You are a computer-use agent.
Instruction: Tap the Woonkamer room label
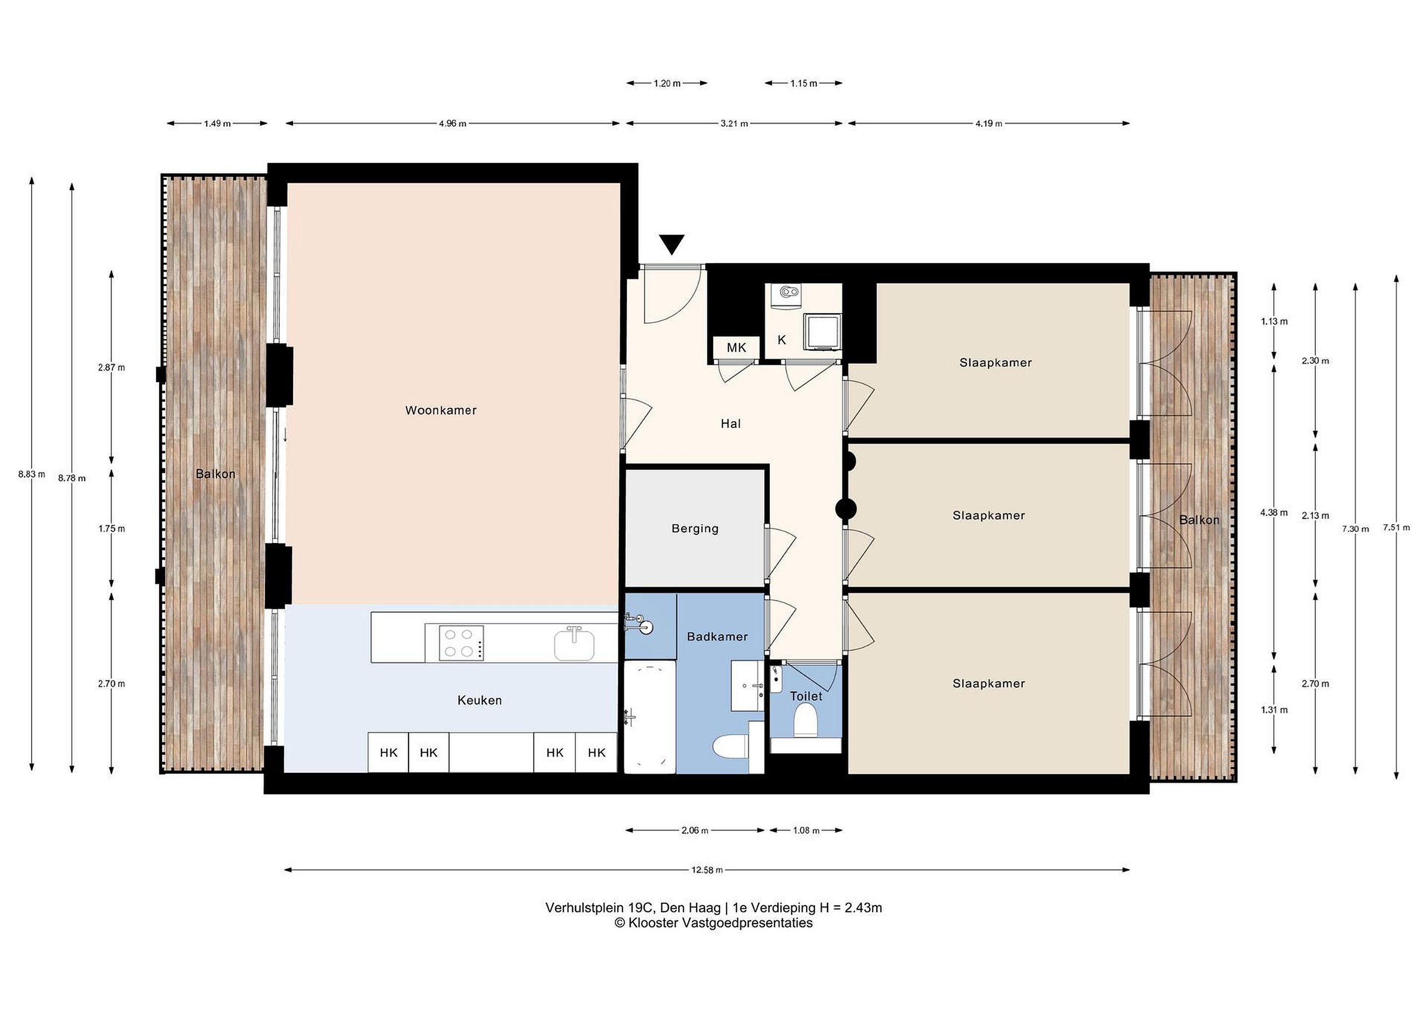441,411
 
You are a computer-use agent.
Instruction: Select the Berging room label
695,529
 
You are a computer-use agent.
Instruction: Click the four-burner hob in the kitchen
461,643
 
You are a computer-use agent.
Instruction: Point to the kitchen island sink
574,644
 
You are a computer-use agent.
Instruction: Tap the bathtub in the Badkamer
650,717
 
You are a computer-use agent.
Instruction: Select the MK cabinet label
736,348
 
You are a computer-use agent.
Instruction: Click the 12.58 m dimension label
707,870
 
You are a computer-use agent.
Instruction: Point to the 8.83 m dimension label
32,474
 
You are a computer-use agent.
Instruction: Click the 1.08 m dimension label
806,831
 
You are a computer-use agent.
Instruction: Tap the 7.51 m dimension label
1396,528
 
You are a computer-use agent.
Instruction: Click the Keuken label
479,700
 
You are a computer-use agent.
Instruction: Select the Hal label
731,423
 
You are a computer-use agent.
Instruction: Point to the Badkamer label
717,637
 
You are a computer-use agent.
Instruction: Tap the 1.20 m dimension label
667,83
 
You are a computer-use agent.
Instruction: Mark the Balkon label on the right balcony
1199,520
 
